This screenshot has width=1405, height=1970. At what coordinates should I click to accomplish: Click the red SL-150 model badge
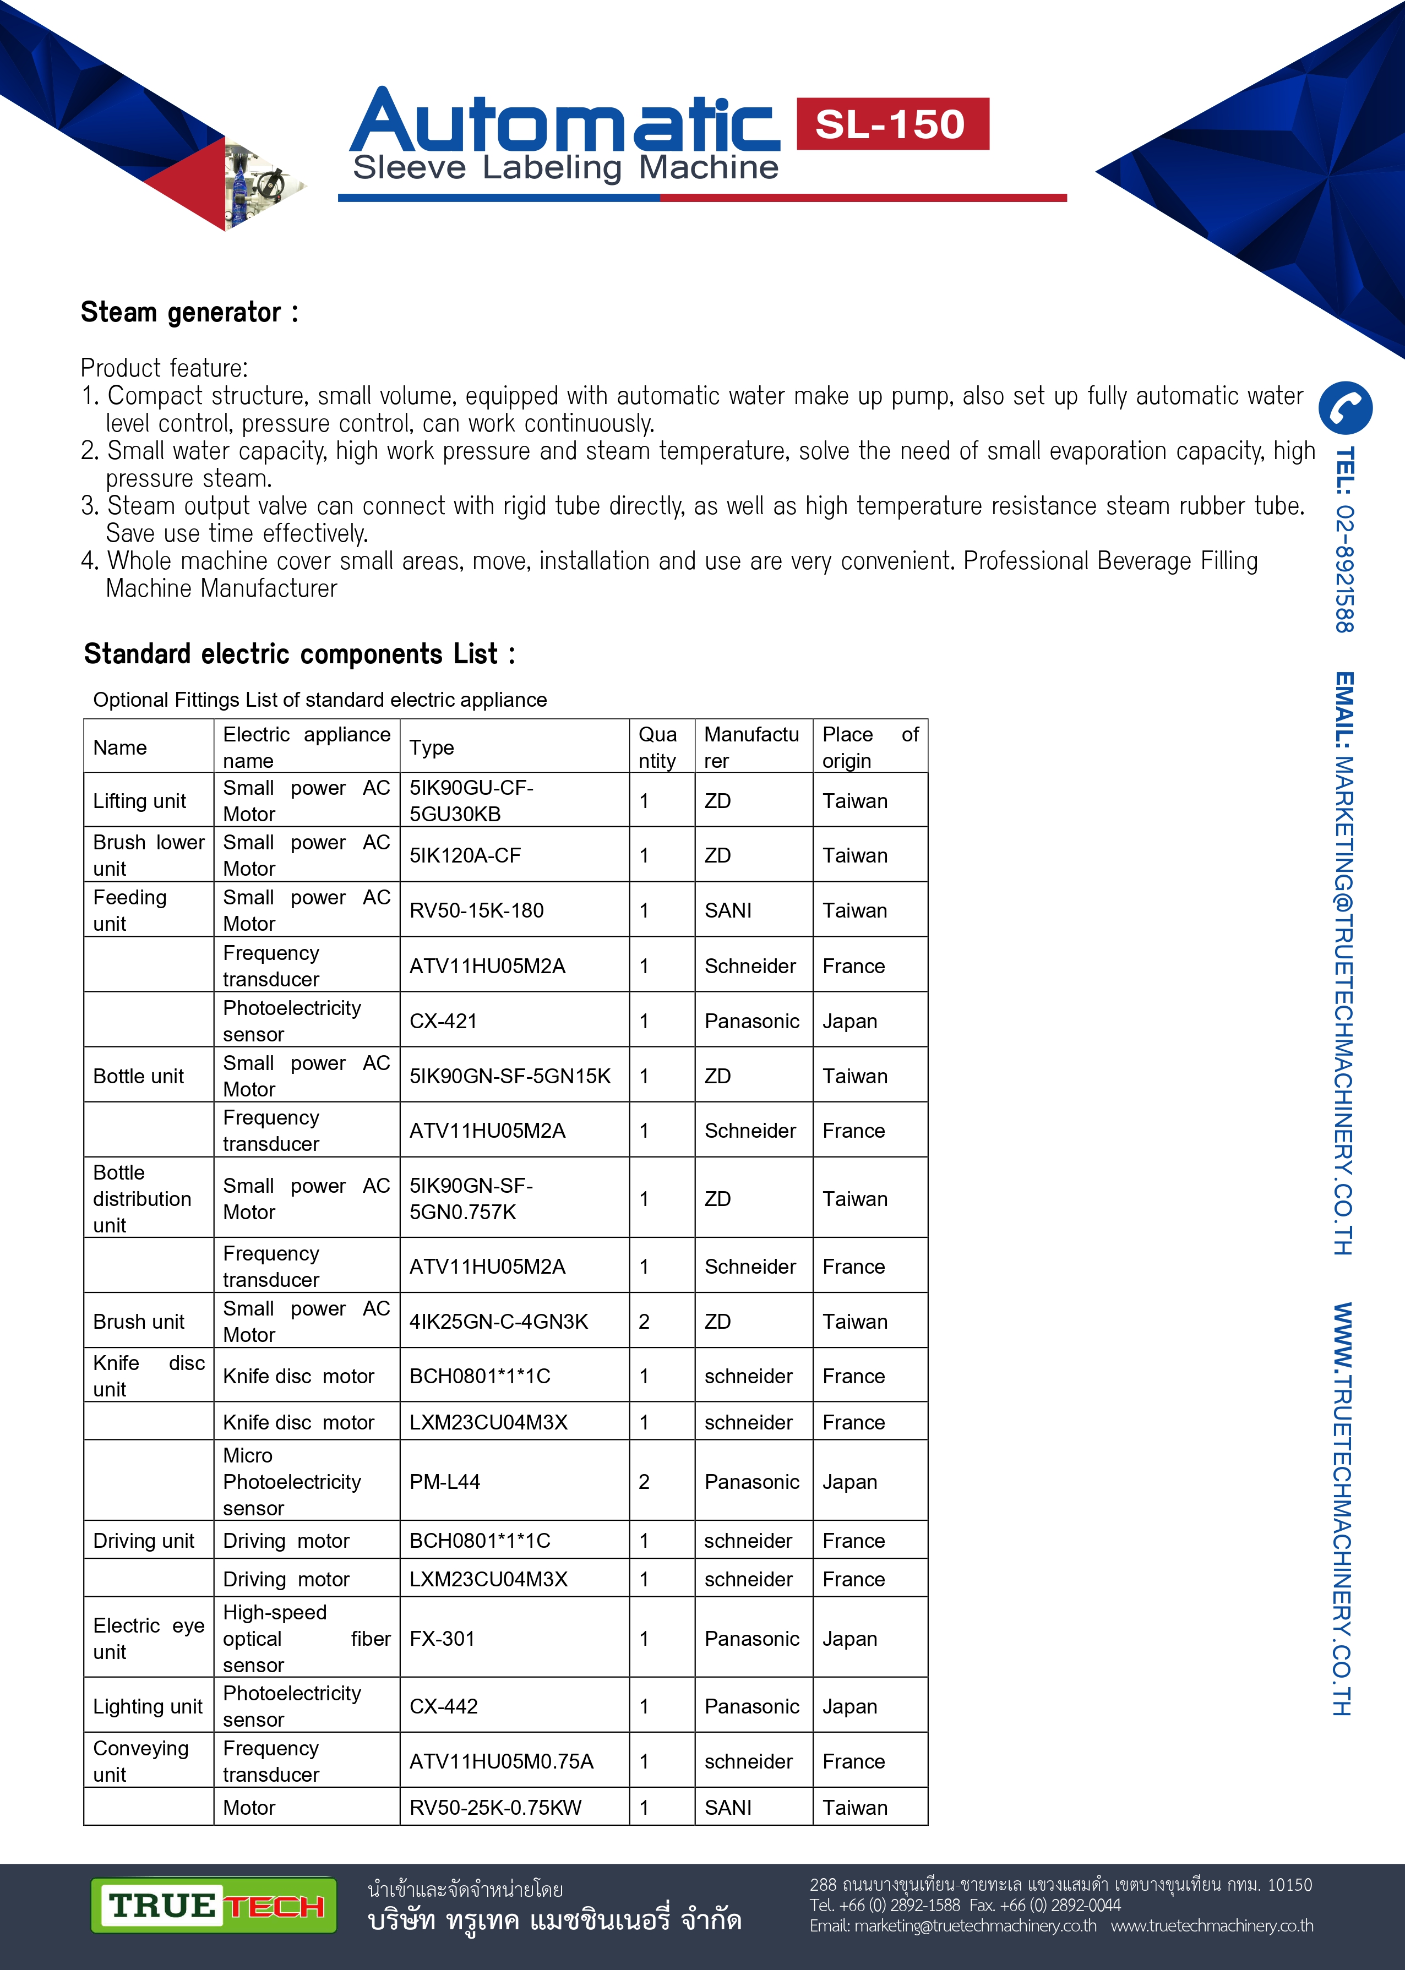pyautogui.click(x=891, y=124)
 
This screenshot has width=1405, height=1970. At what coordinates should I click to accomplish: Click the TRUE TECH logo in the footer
pyautogui.click(x=214, y=1905)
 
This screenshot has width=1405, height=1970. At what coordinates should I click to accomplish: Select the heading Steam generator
pyautogui.click(x=189, y=312)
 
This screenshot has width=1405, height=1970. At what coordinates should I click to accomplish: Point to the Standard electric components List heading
pyautogui.click(x=298, y=654)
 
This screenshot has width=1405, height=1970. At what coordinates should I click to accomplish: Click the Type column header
pyautogui.click(x=432, y=747)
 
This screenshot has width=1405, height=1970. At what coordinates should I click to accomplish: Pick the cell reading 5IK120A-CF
pyautogui.click(x=465, y=855)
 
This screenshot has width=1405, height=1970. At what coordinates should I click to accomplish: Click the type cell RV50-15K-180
pyautogui.click(x=477, y=910)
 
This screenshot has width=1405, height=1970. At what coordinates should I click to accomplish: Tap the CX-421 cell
pyautogui.click(x=443, y=1021)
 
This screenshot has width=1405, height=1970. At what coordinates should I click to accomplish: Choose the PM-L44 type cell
pyautogui.click(x=445, y=1481)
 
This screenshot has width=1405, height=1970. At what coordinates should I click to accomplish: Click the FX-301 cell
pyautogui.click(x=442, y=1639)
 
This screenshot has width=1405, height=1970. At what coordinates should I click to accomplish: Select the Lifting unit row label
pyautogui.click(x=139, y=801)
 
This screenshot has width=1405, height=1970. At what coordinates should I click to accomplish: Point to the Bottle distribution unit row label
pyautogui.click(x=142, y=1199)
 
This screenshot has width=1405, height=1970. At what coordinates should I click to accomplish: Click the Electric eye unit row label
pyautogui.click(x=148, y=1639)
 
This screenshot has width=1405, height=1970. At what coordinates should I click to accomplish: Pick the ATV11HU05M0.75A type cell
pyautogui.click(x=502, y=1761)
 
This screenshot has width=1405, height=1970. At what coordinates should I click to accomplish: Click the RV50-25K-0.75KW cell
pyautogui.click(x=495, y=1808)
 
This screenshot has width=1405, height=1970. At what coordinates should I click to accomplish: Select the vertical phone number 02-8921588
pyautogui.click(x=1343, y=541)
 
